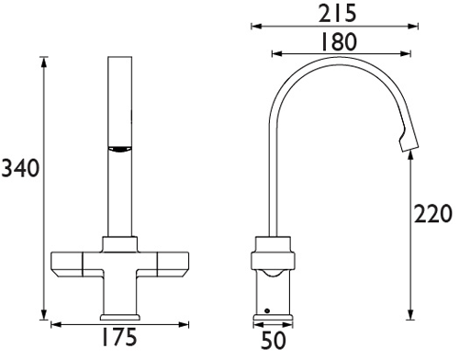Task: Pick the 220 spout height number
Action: pos(432,215)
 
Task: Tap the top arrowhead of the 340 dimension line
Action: pos(44,61)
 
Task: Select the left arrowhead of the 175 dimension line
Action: pos(53,324)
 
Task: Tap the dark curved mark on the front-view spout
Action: pos(119,149)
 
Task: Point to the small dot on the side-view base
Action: pos(266,311)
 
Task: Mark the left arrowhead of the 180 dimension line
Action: pos(274,56)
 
